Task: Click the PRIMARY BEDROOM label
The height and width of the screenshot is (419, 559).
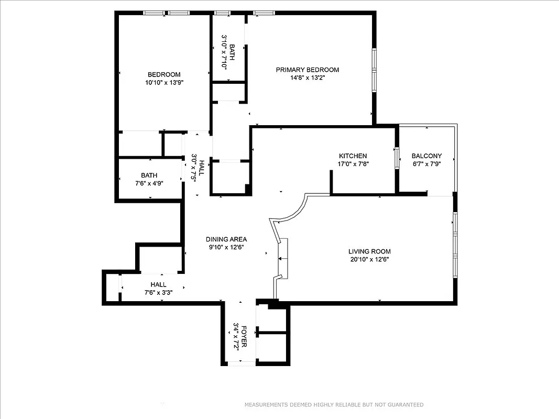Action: tap(308, 70)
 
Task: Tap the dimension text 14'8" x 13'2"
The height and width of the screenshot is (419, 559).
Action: tap(308, 78)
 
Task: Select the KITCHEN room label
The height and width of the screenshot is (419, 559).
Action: tap(353, 156)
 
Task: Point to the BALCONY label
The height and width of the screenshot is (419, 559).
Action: tap(426, 156)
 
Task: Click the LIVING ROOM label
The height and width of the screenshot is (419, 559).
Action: tap(369, 251)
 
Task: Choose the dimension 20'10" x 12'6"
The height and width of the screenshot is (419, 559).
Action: tap(369, 259)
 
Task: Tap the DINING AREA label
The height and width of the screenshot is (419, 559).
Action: tap(226, 239)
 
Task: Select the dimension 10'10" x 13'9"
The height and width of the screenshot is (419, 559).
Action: tap(164, 82)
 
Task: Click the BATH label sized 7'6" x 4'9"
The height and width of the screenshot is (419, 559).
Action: tap(149, 175)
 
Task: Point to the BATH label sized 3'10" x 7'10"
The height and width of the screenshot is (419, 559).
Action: tap(232, 52)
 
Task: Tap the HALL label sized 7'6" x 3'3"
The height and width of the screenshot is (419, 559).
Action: tap(158, 284)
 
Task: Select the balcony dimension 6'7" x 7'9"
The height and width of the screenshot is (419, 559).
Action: tap(426, 164)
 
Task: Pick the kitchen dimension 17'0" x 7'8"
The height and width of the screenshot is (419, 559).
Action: tap(353, 164)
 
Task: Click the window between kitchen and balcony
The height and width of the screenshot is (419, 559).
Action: tap(397, 156)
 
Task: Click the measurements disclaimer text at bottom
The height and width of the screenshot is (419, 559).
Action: tap(334, 405)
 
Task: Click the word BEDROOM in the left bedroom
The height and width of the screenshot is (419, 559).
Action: tap(164, 74)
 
